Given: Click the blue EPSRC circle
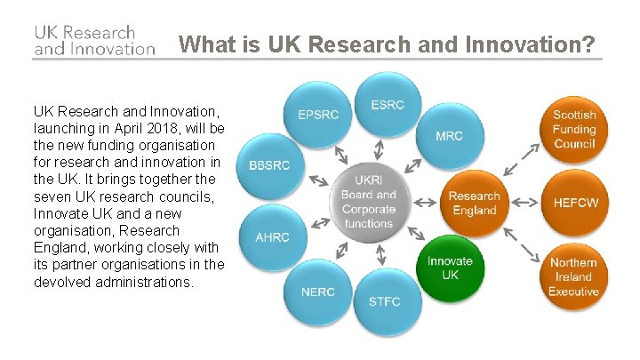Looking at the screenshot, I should [x=317, y=115].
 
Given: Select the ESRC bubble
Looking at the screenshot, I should [x=387, y=104].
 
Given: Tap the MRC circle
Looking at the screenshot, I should [x=448, y=136].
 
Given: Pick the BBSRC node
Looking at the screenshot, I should [x=269, y=166].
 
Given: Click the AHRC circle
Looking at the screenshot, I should [x=272, y=237].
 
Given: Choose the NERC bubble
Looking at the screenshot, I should [x=317, y=292].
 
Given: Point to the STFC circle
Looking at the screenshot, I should [x=384, y=301].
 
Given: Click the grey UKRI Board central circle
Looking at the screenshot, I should [x=368, y=202].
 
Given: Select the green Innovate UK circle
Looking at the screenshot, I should [x=449, y=268].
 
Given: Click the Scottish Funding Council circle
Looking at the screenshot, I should [x=573, y=130].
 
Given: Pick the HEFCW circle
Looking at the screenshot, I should [x=575, y=203].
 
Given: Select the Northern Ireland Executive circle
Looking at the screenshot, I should [x=573, y=276].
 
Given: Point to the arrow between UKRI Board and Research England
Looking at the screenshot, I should [x=426, y=203].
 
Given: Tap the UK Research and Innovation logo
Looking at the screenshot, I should [x=94, y=40].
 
